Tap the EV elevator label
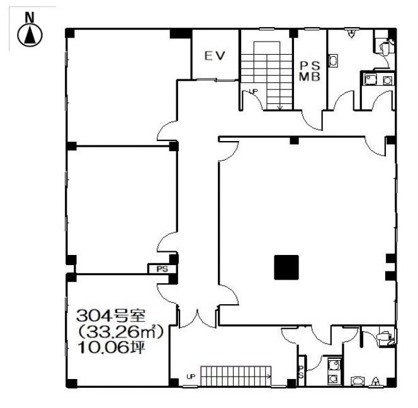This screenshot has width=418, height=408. tap(215, 55)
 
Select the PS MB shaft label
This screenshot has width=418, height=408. tap(310, 71)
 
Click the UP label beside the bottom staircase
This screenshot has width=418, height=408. tap(190, 377)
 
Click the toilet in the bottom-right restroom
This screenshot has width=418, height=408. tap(383, 339)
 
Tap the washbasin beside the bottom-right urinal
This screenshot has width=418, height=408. tap(357, 380)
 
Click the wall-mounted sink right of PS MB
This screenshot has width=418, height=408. tap(334, 60)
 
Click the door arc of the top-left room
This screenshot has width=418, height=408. tap(166, 131)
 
